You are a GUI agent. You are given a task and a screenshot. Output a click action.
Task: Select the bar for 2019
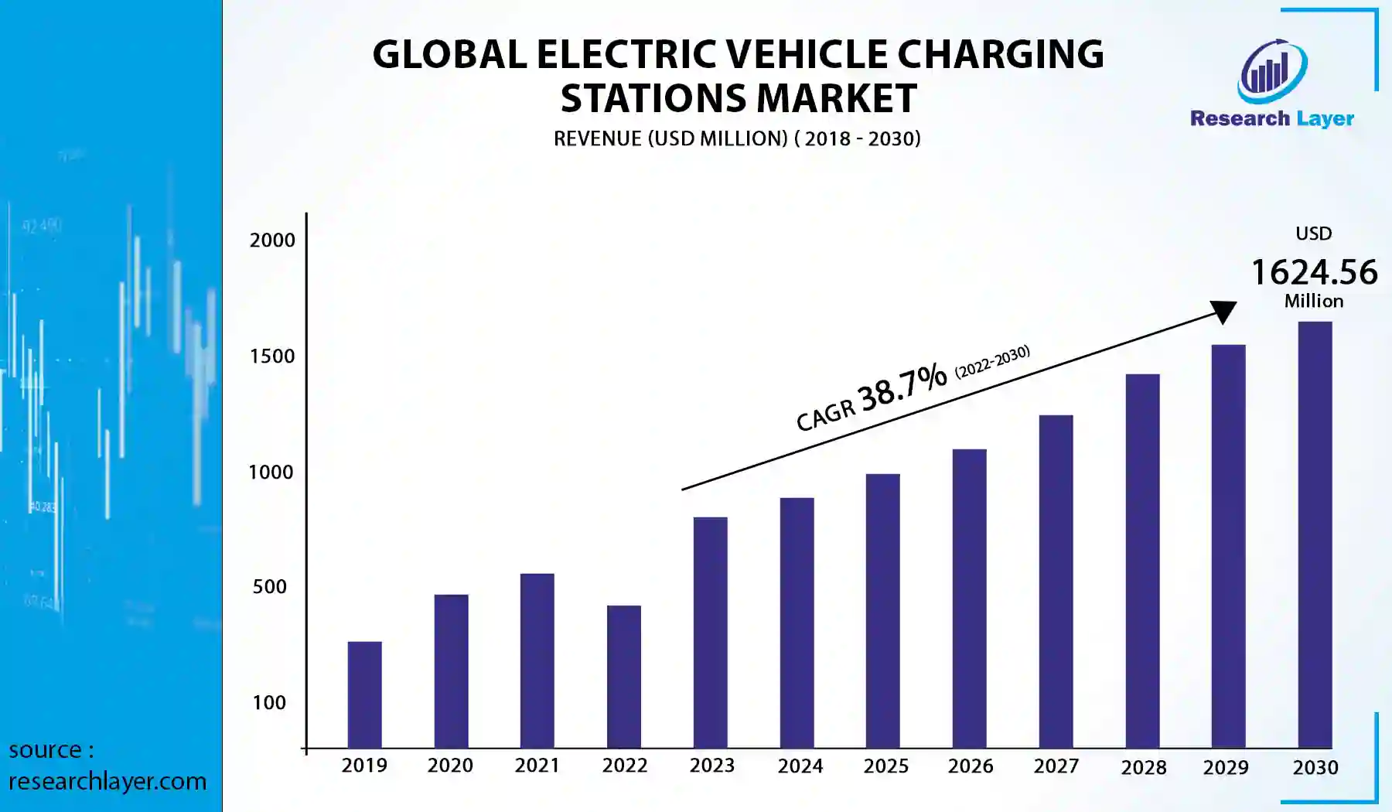(364, 694)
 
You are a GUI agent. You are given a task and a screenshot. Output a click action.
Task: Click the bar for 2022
(623, 677)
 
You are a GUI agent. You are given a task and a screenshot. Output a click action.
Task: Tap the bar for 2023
(710, 633)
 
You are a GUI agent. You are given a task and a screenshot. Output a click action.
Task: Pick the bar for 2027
(1056, 582)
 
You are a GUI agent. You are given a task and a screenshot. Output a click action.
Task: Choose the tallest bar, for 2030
(1315, 534)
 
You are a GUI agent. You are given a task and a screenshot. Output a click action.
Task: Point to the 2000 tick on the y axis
(272, 241)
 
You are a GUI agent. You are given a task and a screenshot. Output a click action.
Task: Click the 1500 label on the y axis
(272, 357)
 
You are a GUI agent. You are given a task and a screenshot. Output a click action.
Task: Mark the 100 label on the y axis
(269, 703)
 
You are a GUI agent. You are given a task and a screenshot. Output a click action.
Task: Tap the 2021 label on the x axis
(537, 766)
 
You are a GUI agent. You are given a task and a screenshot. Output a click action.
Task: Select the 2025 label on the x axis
(885, 766)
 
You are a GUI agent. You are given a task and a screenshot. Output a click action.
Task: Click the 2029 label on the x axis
(1226, 768)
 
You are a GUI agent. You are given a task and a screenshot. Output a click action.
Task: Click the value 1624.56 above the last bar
(1314, 272)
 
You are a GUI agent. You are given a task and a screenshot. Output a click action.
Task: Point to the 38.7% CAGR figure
(902, 386)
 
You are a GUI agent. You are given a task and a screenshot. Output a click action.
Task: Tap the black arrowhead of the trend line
(1223, 311)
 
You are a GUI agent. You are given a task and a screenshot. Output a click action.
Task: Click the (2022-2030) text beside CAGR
(992, 361)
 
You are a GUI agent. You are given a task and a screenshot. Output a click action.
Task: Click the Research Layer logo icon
(1272, 72)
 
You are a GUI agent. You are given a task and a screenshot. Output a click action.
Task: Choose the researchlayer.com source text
(107, 781)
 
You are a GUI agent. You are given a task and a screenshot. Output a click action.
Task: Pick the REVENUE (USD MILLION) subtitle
(670, 139)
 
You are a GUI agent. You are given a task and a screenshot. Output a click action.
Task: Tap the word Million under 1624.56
(1314, 302)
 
